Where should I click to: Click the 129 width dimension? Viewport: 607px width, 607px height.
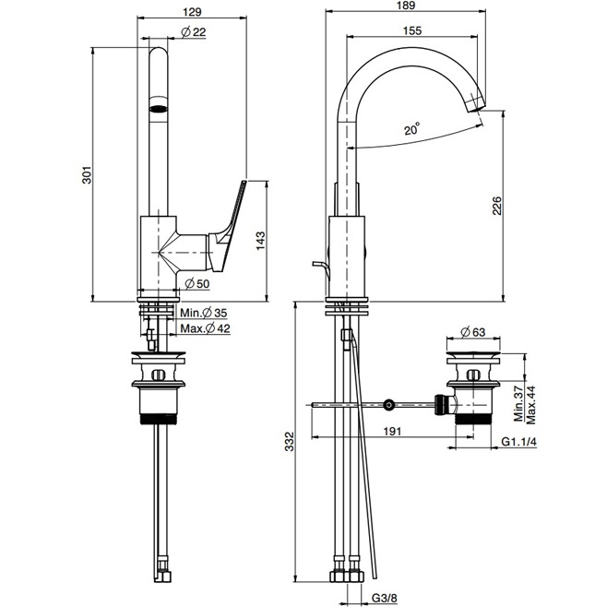193,13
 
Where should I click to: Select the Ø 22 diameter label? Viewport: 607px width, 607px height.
193,32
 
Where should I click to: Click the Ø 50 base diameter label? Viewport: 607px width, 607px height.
196,282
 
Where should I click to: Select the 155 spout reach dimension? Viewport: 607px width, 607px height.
412,30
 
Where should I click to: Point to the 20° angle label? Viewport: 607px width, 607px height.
411,130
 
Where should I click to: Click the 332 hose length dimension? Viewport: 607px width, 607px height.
290,444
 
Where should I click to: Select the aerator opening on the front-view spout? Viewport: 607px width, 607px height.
161,106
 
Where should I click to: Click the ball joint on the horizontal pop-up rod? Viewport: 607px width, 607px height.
389,404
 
